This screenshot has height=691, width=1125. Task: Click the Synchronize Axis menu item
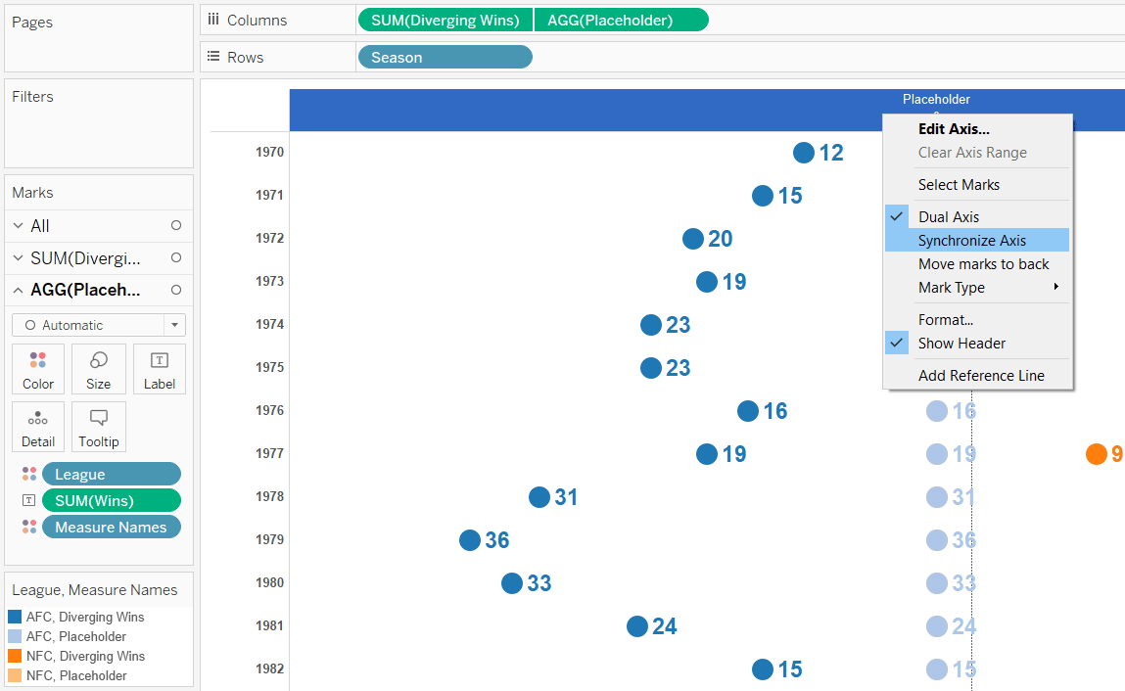[971, 241]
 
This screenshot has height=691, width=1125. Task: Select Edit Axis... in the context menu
[953, 129]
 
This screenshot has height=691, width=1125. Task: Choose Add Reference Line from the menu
[980, 376]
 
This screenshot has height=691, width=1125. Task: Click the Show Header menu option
[961, 344]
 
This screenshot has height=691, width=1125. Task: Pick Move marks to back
[983, 264]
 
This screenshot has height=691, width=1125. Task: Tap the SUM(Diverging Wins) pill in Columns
[445, 21]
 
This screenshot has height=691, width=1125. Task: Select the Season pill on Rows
[445, 58]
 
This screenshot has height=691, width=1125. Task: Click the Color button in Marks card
[38, 369]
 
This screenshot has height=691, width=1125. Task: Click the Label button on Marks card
[160, 369]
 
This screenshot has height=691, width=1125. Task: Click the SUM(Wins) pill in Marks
[111, 501]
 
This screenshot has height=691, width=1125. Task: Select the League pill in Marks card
[111, 475]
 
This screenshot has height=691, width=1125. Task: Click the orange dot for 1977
[1096, 454]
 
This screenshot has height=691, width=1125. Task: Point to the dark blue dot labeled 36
[470, 540]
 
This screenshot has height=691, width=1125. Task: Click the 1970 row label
[269, 153]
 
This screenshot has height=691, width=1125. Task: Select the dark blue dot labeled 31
[539, 497]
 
